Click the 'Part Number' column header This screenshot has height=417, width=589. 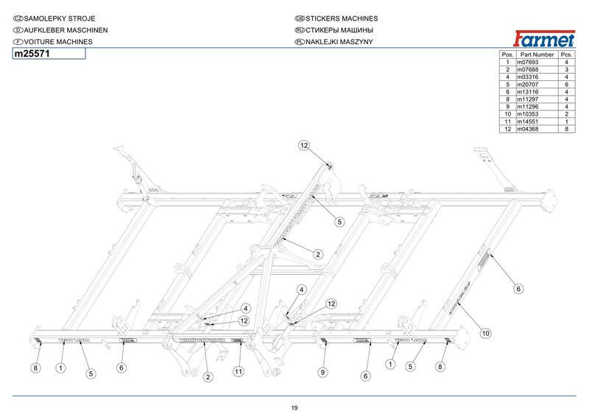coord(535,55)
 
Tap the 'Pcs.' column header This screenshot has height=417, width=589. coord(565,55)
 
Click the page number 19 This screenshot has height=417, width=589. coord(294,408)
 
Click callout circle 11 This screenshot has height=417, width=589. coord(239,371)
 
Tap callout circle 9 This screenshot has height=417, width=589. coord(322,373)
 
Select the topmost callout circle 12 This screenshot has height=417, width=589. coord(304,146)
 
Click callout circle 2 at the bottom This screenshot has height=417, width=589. coord(208,377)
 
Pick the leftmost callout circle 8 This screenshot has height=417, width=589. coord(35,367)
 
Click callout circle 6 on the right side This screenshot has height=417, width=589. coord(518,289)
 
